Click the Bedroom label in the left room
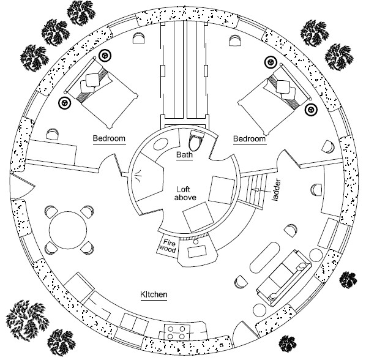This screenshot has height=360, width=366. (x=109, y=139)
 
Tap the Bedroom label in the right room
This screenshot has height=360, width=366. (x=250, y=140)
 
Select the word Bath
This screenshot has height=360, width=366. (x=184, y=156)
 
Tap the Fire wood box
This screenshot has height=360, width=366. (x=168, y=245)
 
